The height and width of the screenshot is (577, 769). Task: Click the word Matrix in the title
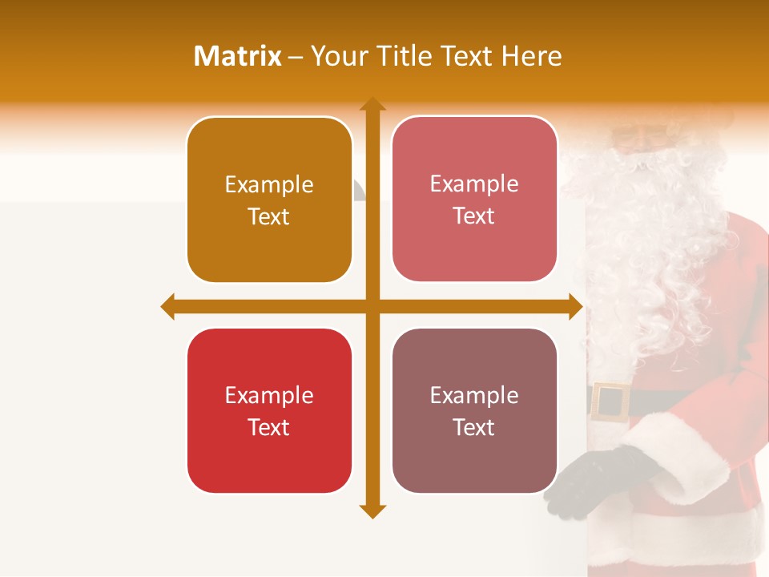coord(238,56)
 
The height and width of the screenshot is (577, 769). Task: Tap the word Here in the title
coord(532,56)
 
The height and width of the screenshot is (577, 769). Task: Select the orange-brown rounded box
coord(269,200)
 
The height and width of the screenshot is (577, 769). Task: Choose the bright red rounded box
coord(269,410)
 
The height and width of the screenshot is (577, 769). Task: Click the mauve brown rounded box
coord(474,410)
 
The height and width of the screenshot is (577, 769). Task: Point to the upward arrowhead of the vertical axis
coord(372,105)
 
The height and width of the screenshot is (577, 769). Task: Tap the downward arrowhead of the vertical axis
coord(372,510)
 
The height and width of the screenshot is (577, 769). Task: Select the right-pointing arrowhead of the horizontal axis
coord(575,306)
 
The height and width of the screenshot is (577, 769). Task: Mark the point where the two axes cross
coord(372,306)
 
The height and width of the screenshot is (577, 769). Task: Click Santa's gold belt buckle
coord(610,401)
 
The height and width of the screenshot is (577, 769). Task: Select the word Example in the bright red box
coord(269,395)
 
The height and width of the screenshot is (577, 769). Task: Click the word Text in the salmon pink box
coord(474,216)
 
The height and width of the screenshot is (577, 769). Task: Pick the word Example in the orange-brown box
coord(269,184)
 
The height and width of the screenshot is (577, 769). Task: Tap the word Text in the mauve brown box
coord(474,427)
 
